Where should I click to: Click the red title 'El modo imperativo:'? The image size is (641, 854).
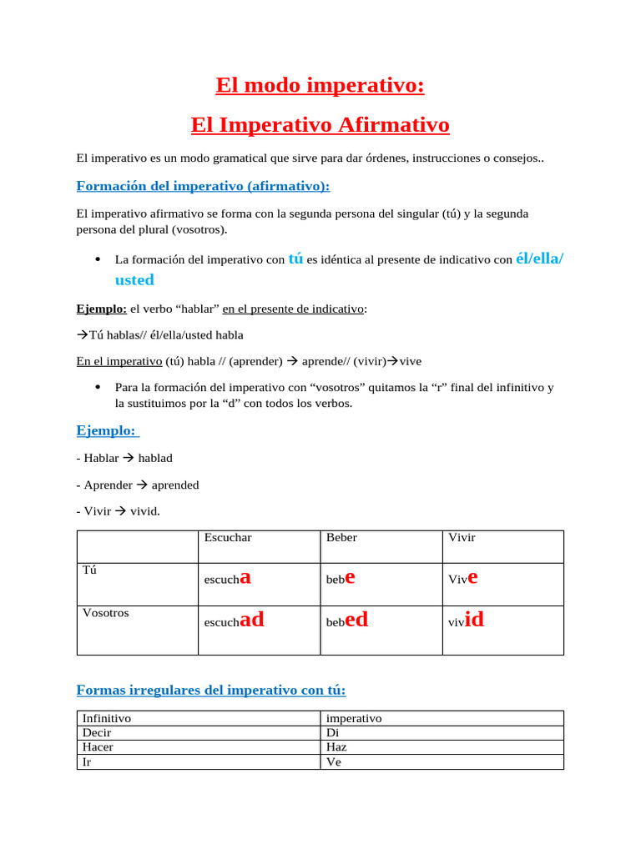[x=320, y=85]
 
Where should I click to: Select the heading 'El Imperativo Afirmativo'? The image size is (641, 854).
[x=320, y=125]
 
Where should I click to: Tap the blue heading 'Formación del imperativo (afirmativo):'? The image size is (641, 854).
[x=203, y=185]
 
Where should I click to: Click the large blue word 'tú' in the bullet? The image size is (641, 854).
[x=295, y=259]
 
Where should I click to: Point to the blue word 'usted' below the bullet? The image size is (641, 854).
[x=134, y=280]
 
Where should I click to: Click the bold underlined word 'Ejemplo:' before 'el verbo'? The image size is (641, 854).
[x=101, y=309]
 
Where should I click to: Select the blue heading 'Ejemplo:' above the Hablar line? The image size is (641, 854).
[x=107, y=430]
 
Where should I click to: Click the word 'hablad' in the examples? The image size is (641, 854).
[x=155, y=458]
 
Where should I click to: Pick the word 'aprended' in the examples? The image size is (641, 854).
[x=175, y=485]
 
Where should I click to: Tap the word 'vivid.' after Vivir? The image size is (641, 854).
[x=144, y=511]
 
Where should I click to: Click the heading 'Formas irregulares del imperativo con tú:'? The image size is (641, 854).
[x=210, y=690]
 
